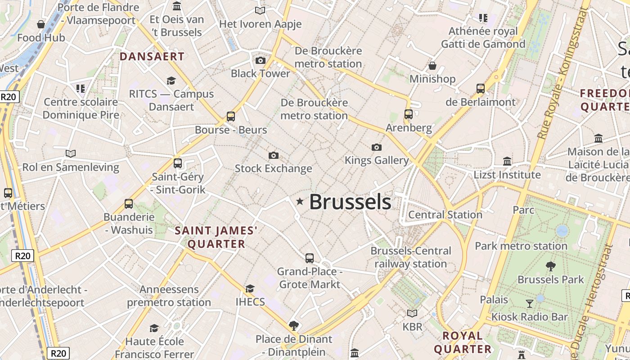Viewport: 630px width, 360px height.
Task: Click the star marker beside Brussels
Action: point(300,202)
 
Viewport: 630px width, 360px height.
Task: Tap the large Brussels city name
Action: point(350,202)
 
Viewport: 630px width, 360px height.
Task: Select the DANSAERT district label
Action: point(152,57)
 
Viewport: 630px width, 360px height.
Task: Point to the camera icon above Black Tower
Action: point(260,60)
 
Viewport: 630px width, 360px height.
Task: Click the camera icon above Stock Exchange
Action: point(273,156)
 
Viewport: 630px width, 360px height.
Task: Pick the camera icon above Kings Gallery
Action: point(377,147)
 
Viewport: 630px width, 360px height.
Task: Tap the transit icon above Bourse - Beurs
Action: point(231,117)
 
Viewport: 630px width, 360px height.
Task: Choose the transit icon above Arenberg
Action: point(409,114)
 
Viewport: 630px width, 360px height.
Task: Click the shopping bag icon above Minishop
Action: point(432,66)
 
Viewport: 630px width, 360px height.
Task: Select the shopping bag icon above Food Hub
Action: point(41,24)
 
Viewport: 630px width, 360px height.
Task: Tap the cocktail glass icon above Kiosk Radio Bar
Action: point(529,303)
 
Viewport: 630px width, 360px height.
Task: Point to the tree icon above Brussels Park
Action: point(550,266)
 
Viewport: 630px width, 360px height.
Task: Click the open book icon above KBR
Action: point(412,313)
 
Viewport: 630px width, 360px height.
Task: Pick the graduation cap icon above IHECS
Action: point(250,288)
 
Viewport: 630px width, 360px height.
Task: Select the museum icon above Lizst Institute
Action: point(507,161)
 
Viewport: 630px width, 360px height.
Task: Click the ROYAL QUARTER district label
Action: point(463,342)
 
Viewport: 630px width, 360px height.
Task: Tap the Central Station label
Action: point(445,215)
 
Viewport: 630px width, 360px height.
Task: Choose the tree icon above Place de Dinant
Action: point(294,325)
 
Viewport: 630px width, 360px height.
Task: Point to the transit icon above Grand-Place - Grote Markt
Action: point(310,258)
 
